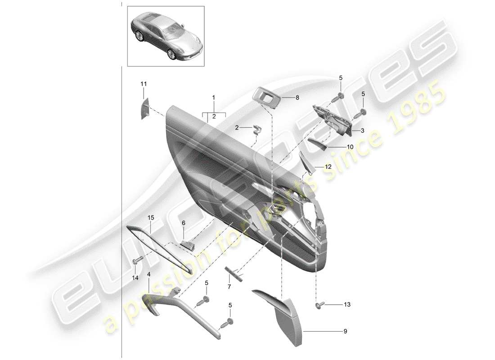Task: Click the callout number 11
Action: [144, 84]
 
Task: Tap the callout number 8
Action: [297, 97]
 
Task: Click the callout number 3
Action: [361, 130]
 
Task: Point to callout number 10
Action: [350, 147]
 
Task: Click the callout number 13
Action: [346, 305]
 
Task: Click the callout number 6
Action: [183, 223]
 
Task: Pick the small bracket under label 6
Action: [188, 244]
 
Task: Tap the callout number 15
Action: [151, 218]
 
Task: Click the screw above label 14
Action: [137, 260]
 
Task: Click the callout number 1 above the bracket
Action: [214, 97]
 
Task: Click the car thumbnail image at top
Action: [166, 36]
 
